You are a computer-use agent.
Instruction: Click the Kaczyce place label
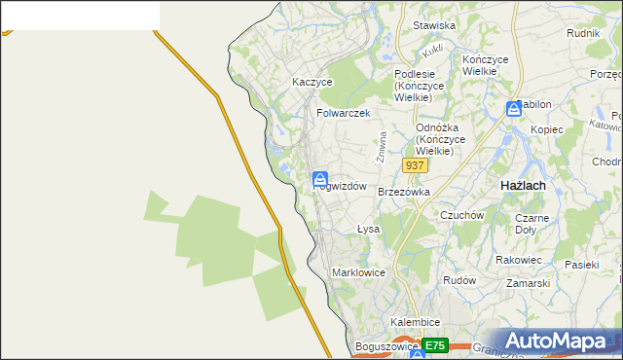[x=312, y=83]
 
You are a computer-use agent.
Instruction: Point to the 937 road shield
[x=415, y=165]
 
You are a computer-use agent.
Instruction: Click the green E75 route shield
[x=435, y=345]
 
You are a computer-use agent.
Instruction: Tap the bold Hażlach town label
[x=522, y=185]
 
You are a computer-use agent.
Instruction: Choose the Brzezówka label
[x=403, y=192]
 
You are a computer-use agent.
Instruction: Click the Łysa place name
[x=367, y=230]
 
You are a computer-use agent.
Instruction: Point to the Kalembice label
[x=416, y=321]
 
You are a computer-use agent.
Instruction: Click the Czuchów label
[x=462, y=215]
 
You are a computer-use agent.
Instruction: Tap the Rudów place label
[x=458, y=279]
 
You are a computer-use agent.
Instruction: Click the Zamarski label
[x=529, y=283]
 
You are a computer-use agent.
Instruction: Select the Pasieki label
[x=581, y=264]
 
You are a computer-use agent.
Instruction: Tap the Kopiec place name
[x=547, y=129]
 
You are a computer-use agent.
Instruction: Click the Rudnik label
[x=582, y=32]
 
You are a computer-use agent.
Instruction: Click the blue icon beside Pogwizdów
[x=319, y=179]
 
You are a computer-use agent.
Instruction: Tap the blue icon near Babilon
[x=513, y=110]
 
